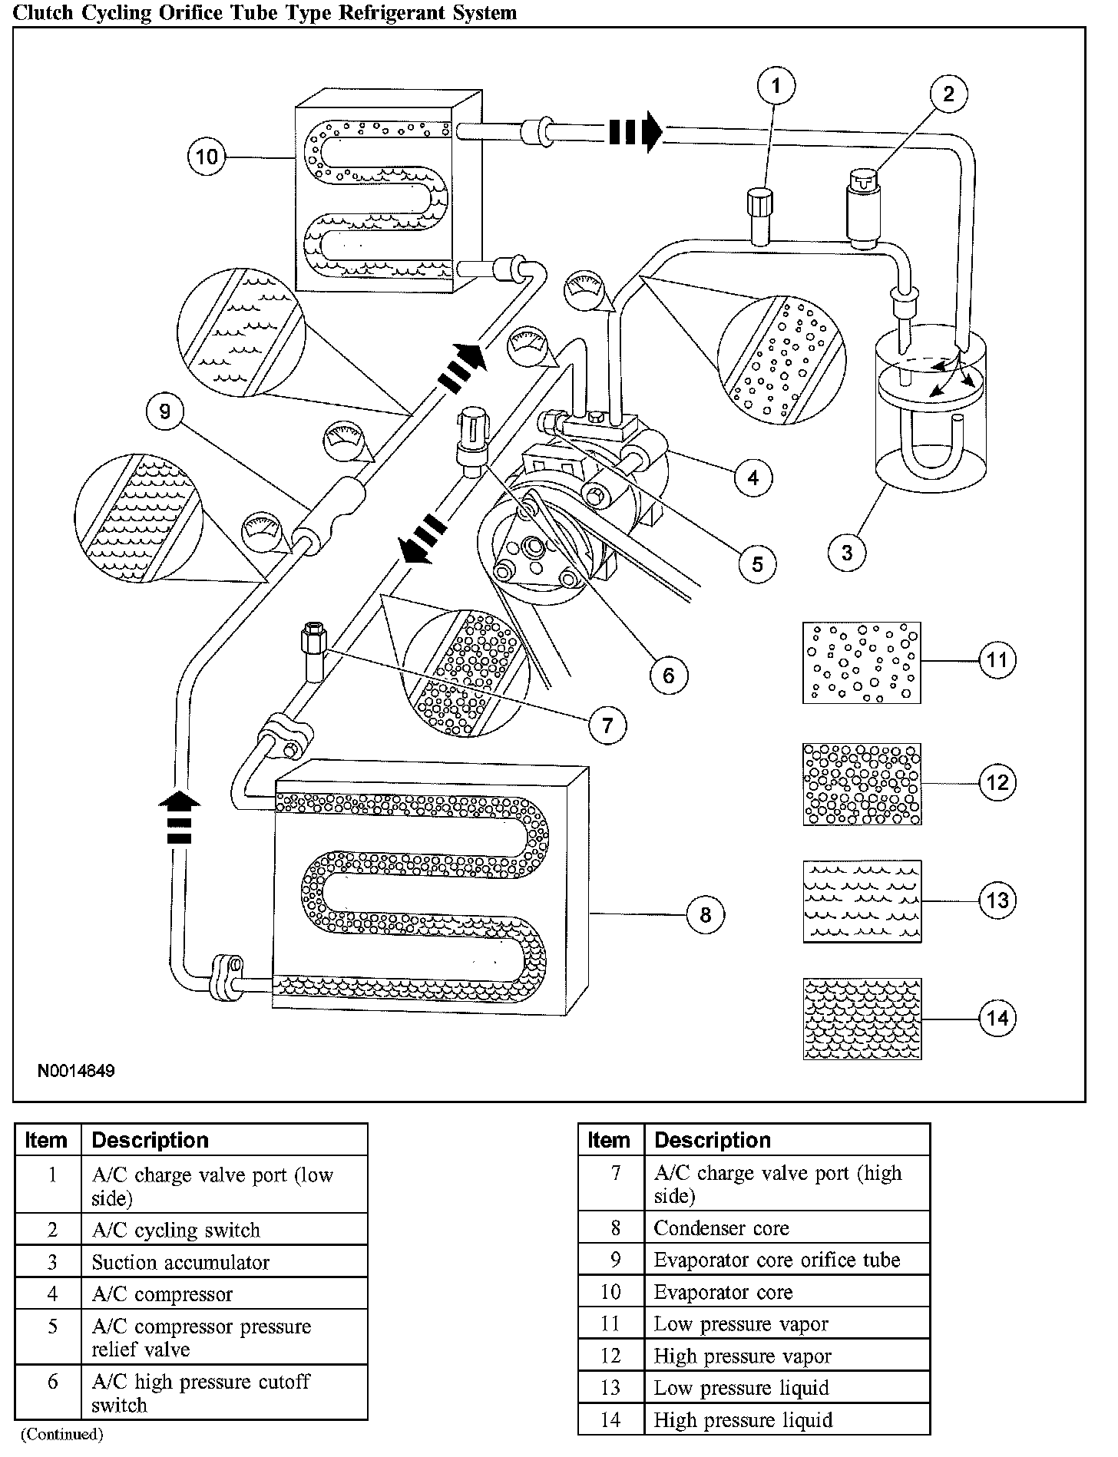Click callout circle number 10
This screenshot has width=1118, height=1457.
click(x=207, y=157)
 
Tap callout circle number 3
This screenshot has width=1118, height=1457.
click(x=847, y=552)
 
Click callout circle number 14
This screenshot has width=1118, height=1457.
click(x=997, y=1019)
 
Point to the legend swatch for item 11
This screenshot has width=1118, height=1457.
click(x=862, y=662)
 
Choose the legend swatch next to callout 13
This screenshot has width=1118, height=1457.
click(x=862, y=901)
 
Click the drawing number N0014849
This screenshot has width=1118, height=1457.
click(x=76, y=1071)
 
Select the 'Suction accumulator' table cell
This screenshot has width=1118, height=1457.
click(x=180, y=1263)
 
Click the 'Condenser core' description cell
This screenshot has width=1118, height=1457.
click(x=721, y=1228)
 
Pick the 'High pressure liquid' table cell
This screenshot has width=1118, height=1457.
click(x=743, y=1420)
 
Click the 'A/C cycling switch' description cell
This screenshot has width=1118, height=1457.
click(x=176, y=1231)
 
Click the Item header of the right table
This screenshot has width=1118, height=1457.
click(x=608, y=1140)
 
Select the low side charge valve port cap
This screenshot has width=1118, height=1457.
click(x=759, y=203)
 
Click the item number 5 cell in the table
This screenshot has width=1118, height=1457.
click(x=52, y=1326)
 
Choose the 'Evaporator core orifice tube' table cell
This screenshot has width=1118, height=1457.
click(x=776, y=1260)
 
